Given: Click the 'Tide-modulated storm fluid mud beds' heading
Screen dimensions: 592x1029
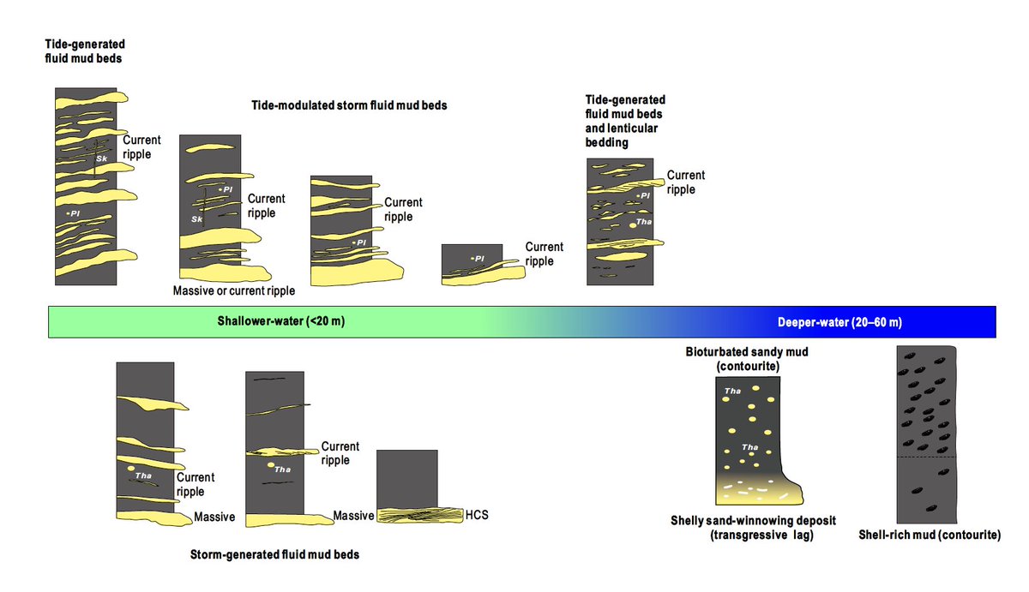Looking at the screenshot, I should [x=349, y=105].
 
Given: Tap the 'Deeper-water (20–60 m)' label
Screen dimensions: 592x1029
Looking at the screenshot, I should [x=839, y=323].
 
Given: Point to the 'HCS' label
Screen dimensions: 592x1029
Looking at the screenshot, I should [x=477, y=516].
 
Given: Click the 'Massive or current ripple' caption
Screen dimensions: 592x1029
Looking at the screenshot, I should [x=233, y=291].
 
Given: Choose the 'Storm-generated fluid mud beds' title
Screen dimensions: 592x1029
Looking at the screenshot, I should [x=274, y=555].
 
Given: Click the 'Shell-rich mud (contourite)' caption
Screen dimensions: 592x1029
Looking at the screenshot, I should [x=930, y=535].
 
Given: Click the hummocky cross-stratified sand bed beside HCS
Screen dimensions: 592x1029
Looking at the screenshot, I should [x=420, y=516].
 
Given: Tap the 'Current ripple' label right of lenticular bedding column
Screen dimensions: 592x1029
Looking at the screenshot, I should [x=686, y=182].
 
